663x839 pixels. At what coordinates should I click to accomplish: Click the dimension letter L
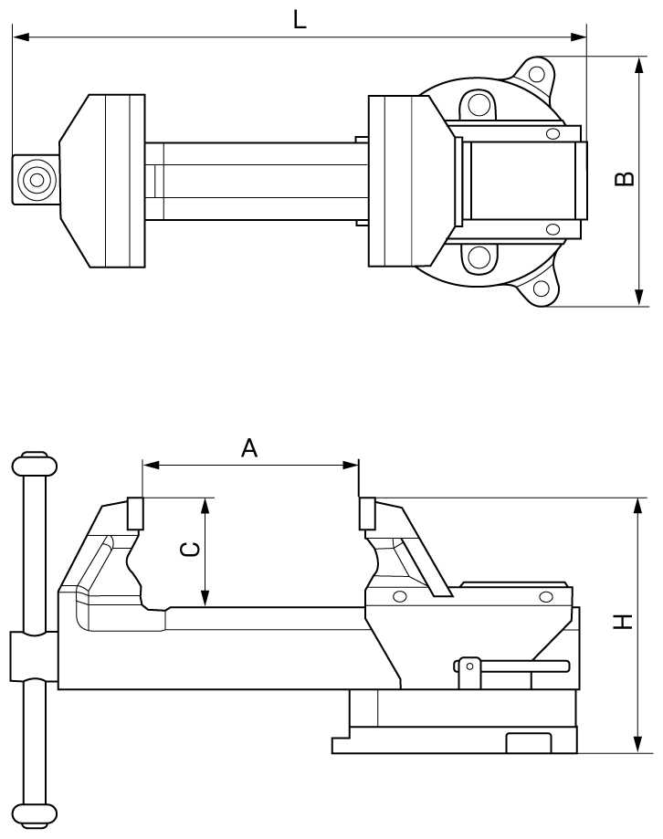[300, 19]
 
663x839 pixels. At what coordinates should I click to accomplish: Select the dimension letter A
[249, 447]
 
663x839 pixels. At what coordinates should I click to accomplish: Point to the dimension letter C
[189, 550]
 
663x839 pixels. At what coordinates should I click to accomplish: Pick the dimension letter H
[622, 623]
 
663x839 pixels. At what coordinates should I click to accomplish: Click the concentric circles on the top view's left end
[37, 179]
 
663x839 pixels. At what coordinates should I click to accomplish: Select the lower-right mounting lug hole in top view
[541, 289]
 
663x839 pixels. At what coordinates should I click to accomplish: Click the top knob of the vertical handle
[35, 466]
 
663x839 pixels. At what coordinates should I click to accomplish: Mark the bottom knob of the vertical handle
[35, 814]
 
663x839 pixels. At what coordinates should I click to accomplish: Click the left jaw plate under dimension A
[136, 514]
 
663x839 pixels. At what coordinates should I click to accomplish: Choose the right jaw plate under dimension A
[367, 514]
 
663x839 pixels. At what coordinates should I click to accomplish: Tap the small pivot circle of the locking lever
[468, 666]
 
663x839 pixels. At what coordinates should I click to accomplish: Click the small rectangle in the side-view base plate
[529, 743]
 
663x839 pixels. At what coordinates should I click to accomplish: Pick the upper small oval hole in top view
[552, 135]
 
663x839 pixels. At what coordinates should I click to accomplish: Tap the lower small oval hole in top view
[552, 229]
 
